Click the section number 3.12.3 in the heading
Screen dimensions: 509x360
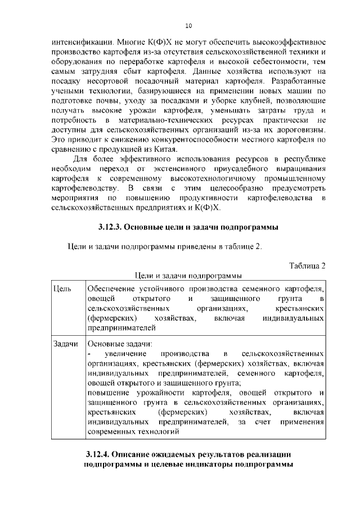click(x=109, y=227)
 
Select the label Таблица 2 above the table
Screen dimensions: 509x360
click(x=308, y=265)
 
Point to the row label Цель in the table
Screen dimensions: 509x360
click(x=61, y=289)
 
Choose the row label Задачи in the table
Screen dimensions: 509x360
click(x=65, y=344)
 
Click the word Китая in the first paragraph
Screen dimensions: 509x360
click(x=163, y=149)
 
